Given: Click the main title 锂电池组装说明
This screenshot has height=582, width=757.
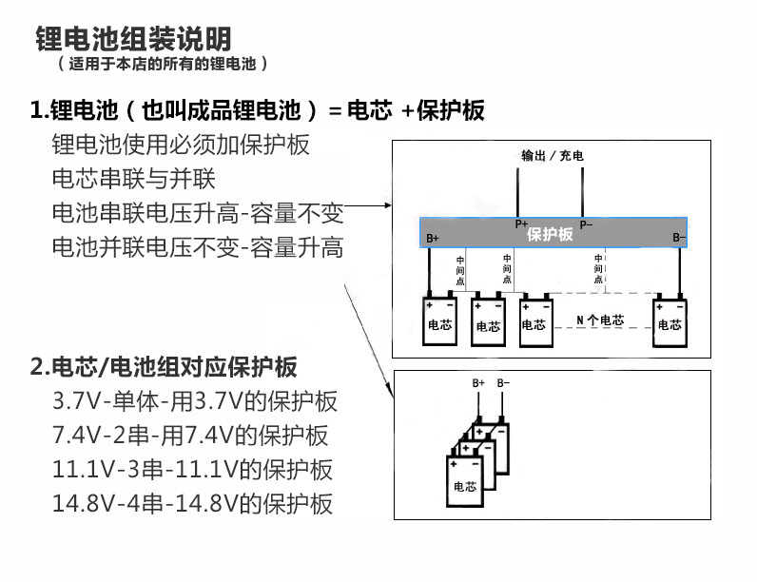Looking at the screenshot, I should click(x=133, y=39).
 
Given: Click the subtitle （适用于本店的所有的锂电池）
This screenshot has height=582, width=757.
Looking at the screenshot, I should click(x=163, y=64).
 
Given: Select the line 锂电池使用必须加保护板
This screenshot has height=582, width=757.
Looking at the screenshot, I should click(x=181, y=145).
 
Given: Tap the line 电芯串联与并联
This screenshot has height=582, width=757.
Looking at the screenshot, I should click(x=134, y=179).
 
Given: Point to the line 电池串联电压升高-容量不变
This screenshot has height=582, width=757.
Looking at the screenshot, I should click(x=197, y=213).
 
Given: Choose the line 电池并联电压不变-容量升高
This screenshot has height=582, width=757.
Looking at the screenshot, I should click(x=197, y=247).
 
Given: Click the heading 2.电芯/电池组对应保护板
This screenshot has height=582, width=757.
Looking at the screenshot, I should click(x=164, y=366).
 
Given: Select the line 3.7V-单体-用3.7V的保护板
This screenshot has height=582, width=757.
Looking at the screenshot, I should click(x=194, y=400).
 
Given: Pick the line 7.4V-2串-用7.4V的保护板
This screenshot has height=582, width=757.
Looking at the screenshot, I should click(x=190, y=435).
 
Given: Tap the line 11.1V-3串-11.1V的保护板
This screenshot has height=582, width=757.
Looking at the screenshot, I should click(x=192, y=469).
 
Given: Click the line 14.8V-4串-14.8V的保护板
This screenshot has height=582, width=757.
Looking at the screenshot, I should click(x=192, y=503).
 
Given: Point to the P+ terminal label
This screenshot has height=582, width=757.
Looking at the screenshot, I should click(x=521, y=223).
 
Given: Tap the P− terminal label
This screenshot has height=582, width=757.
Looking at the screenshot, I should click(x=586, y=223).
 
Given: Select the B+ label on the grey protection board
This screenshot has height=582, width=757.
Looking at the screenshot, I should click(x=433, y=238).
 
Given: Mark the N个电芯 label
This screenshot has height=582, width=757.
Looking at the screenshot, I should click(x=600, y=320).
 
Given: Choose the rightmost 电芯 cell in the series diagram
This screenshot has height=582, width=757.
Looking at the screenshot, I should click(x=669, y=323).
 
